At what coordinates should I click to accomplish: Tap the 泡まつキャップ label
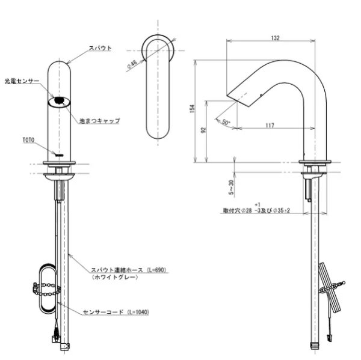click(x=100, y=121)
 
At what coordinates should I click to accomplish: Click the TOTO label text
click(x=28, y=139)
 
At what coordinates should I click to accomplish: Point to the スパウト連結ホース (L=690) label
click(x=117, y=271)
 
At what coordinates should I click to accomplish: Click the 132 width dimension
click(x=276, y=38)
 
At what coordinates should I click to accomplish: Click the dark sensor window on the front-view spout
click(x=59, y=102)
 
